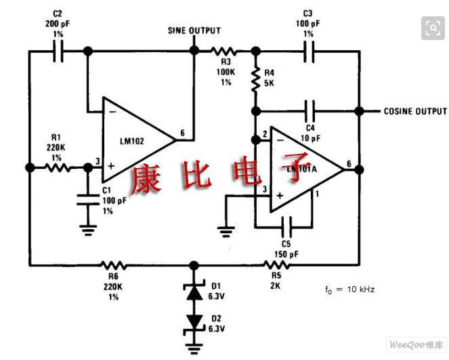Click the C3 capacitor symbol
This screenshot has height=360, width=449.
[309, 51]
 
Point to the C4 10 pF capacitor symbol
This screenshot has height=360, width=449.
[309, 111]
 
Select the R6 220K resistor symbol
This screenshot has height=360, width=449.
[112, 265]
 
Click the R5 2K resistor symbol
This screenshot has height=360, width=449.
[276, 265]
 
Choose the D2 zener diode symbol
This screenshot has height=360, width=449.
[195, 321]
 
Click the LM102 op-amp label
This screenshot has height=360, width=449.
[135, 141]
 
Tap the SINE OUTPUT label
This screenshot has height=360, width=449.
[194, 31]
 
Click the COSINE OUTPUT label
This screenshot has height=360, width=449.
[415, 111]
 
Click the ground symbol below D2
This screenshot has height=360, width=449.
[195, 348]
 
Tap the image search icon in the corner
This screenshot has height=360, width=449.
[432, 28]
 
